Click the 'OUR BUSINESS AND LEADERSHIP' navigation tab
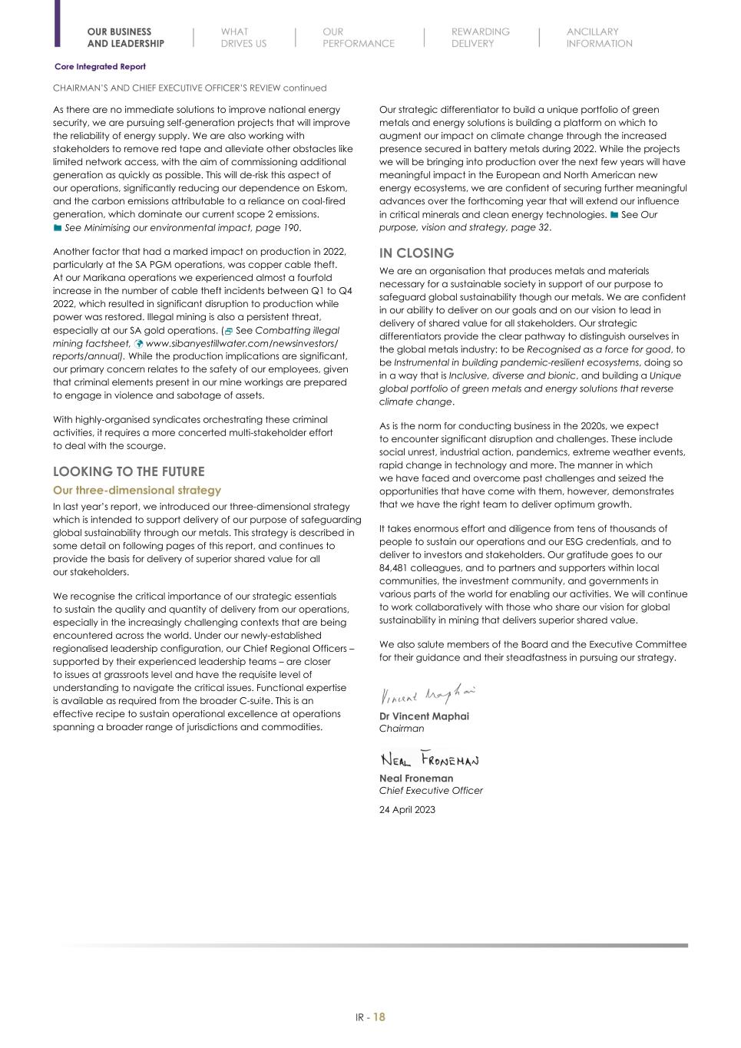point(125,38)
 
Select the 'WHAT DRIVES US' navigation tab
point(243,38)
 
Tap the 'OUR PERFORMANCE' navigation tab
point(358,38)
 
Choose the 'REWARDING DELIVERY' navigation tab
point(480,38)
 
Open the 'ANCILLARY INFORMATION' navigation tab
point(599,38)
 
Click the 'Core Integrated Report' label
point(100,67)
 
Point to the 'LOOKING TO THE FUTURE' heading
point(128,471)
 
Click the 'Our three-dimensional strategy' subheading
point(137,490)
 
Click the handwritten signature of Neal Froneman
point(429,760)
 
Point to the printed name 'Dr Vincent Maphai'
point(424,716)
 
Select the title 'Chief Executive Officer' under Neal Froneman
point(431,790)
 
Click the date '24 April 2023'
point(407,809)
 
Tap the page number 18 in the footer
point(379,1017)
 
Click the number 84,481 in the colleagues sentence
point(397,567)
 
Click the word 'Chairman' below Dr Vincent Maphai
point(402,728)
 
